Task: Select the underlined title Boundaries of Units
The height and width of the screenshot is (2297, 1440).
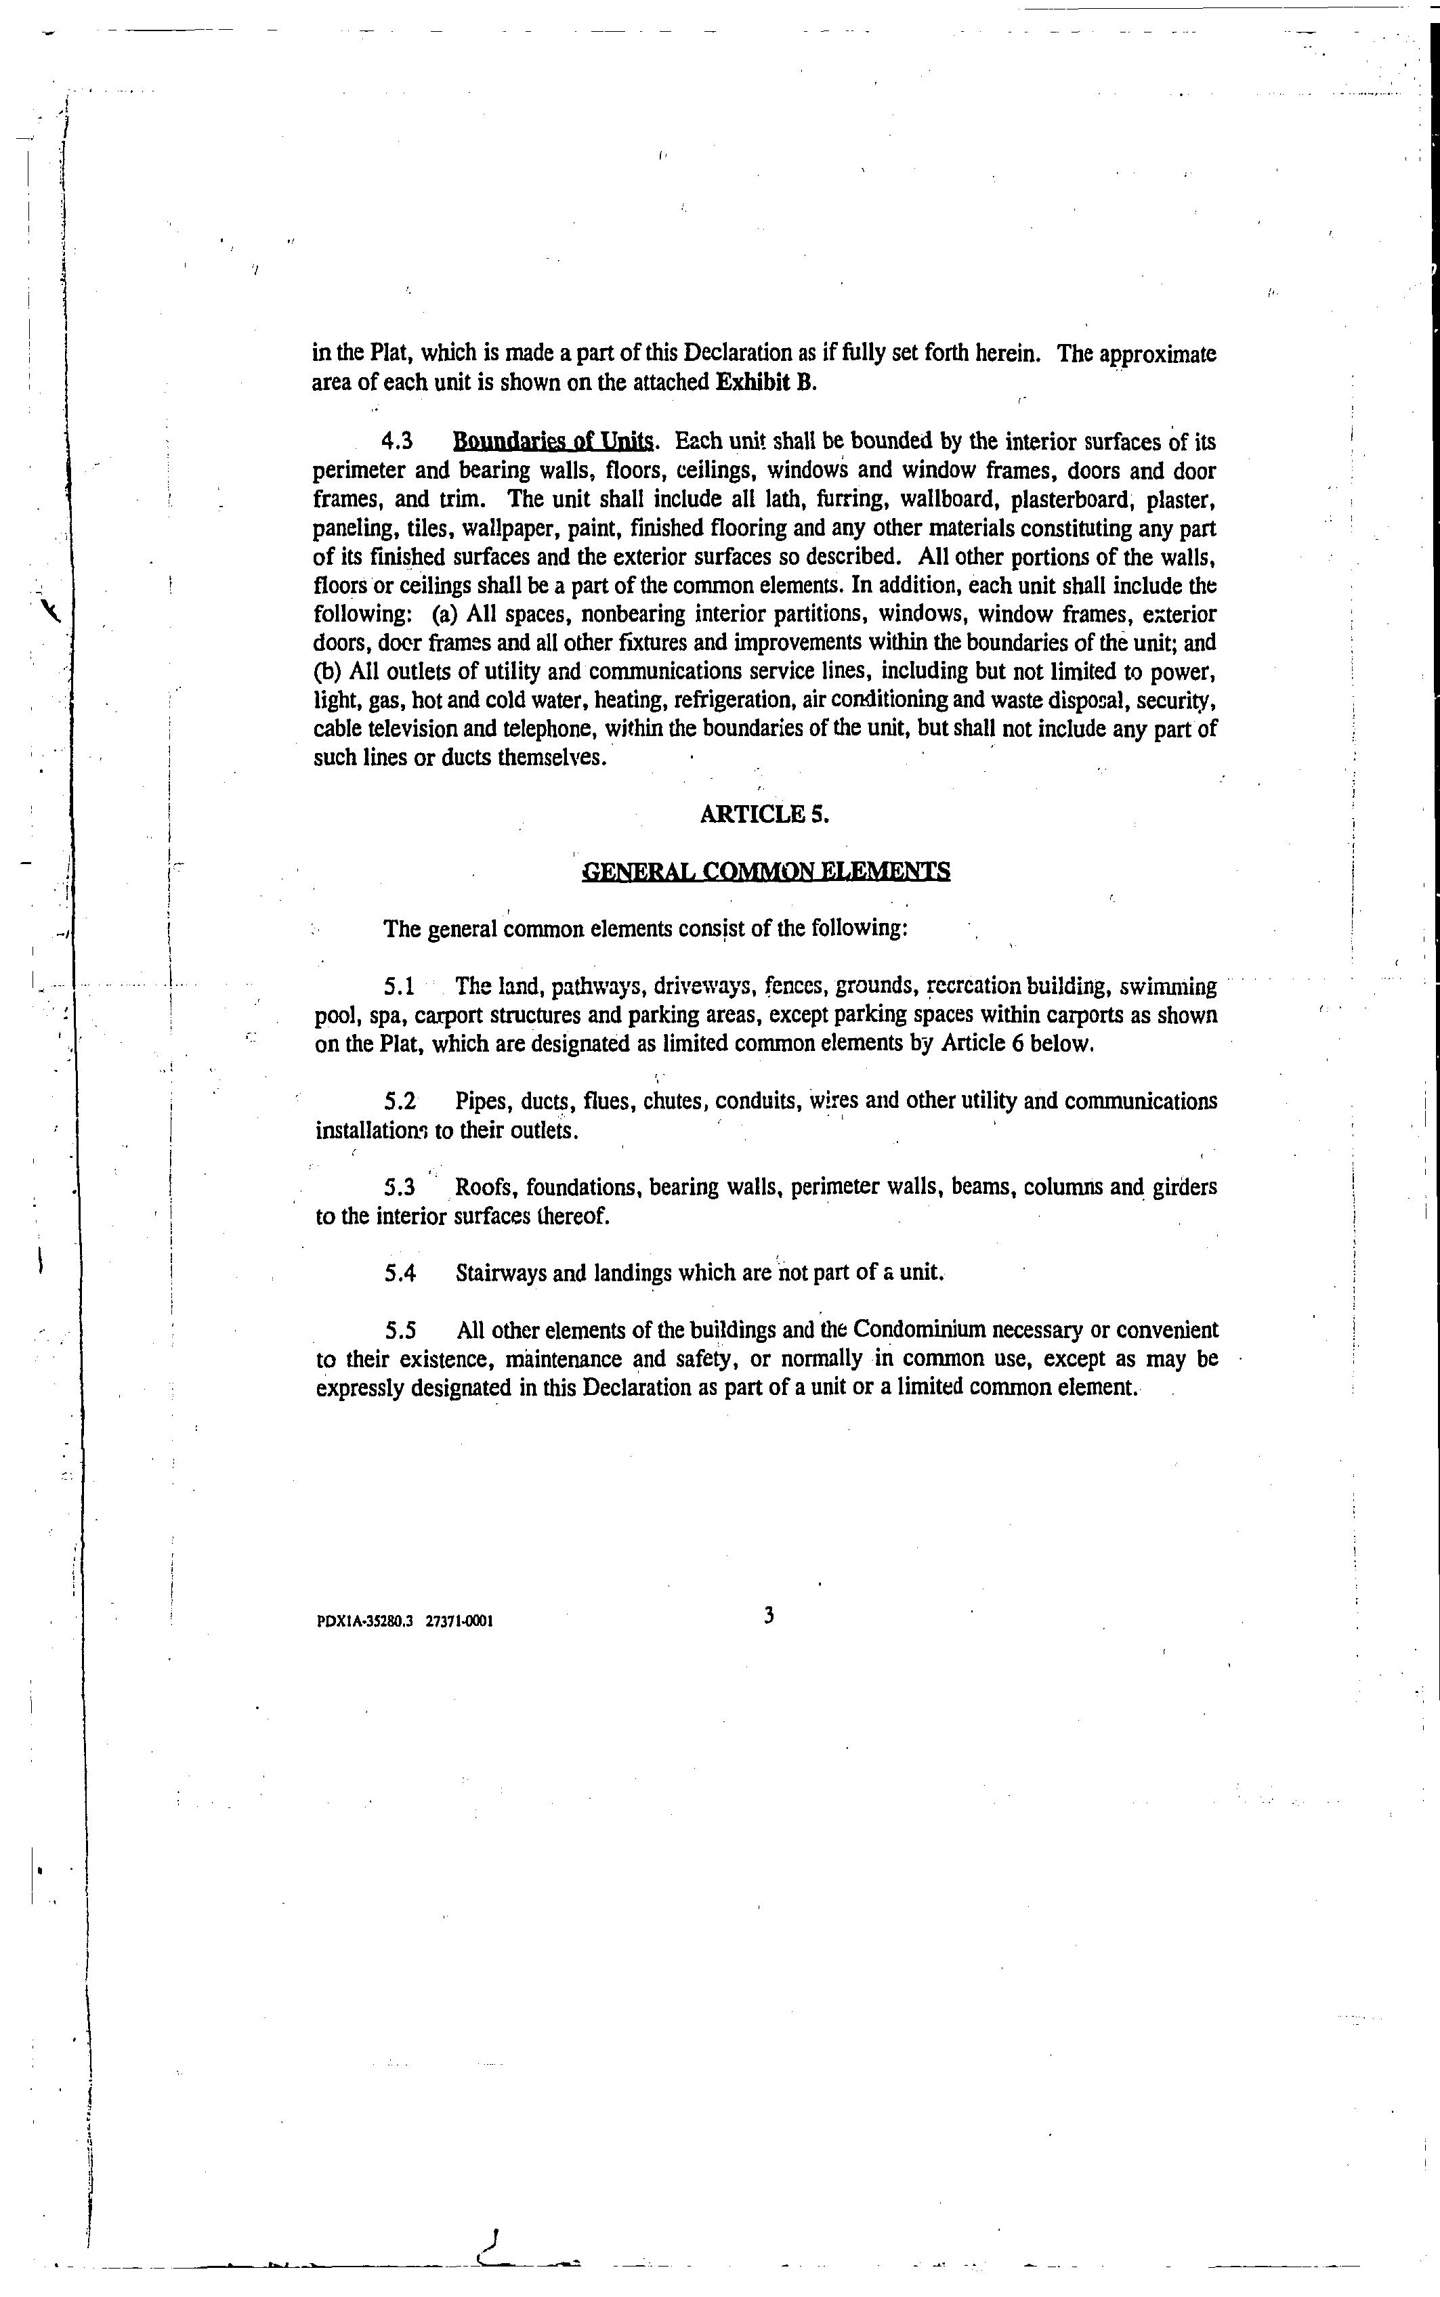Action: click(553, 442)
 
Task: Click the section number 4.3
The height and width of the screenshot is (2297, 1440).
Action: click(397, 442)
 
